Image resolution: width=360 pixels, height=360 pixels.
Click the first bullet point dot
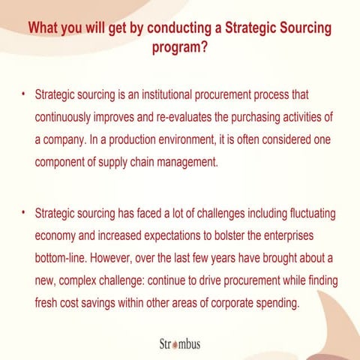pos(24,95)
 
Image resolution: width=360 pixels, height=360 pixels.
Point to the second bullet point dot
pos(24,212)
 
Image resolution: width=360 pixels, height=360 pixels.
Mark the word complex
pos(85,280)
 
